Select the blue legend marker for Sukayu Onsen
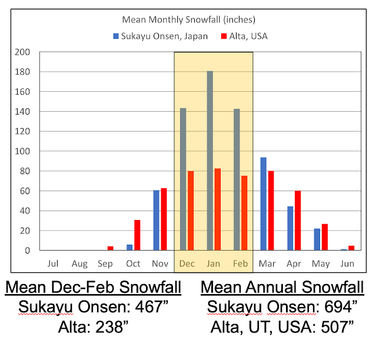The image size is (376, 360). [x=117, y=36]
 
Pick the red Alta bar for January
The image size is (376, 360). [x=218, y=209]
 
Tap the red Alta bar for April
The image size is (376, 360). [x=298, y=221]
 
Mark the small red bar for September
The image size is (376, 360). [x=111, y=248]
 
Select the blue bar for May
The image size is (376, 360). [x=317, y=239]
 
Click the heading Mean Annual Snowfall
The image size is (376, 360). [x=282, y=288]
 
